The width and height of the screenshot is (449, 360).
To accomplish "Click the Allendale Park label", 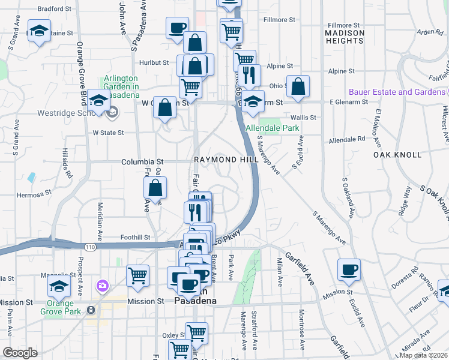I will pos(273,128).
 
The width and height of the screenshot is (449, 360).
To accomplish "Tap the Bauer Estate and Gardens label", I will pos(397,92).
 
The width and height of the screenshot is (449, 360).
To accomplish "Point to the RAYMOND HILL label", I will pos(226,160).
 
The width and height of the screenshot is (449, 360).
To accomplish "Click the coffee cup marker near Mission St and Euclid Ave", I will pos(349,269).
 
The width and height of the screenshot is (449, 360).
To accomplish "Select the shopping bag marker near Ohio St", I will pos(298,86).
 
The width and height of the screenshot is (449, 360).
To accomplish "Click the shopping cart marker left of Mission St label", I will pos(138,276).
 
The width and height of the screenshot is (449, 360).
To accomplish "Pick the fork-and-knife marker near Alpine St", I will pos(250,75).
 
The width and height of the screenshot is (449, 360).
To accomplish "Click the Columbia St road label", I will pos(142,161).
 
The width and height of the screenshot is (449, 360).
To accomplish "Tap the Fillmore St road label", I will pos(279,20).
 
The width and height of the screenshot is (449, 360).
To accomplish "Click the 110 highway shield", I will pos(90,247).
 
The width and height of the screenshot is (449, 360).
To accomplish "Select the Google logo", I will pos(20,353).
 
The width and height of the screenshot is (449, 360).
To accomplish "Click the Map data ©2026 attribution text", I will pos(424,355).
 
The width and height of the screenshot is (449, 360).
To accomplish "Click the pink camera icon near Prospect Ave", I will pos(103,284).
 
